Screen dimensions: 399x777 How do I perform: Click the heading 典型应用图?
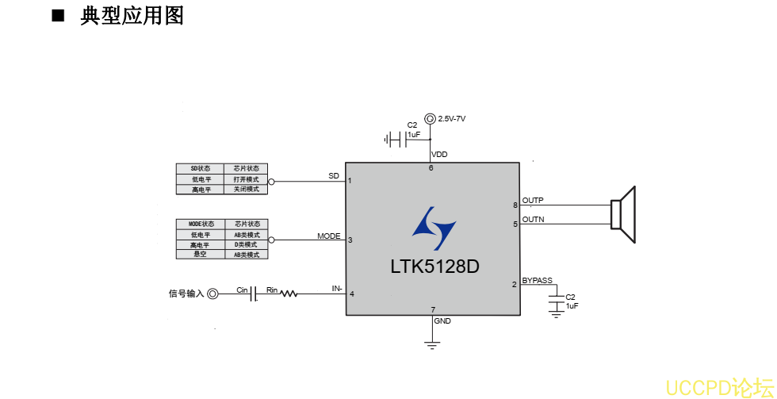click(132, 16)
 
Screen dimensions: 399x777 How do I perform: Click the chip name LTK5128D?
click(434, 267)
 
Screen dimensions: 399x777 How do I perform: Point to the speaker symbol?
click(623, 214)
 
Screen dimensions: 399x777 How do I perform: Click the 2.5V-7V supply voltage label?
click(451, 118)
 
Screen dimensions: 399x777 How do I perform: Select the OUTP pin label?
click(533, 200)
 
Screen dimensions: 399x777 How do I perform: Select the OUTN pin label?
click(533, 219)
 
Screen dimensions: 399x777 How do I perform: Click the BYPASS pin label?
click(538, 280)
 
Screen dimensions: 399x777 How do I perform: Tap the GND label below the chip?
click(442, 321)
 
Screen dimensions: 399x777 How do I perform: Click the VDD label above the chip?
click(439, 154)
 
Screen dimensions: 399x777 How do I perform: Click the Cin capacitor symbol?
click(255, 294)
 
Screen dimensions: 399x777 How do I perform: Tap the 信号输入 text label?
click(186, 294)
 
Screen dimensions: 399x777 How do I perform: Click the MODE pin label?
click(329, 236)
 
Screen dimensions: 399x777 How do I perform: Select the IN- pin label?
click(337, 289)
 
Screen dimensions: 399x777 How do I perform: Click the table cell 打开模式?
click(246, 179)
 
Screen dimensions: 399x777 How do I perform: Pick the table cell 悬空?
click(200, 255)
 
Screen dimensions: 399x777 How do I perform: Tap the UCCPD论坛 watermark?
click(718, 387)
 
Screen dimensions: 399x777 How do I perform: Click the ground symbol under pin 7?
click(432, 344)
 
